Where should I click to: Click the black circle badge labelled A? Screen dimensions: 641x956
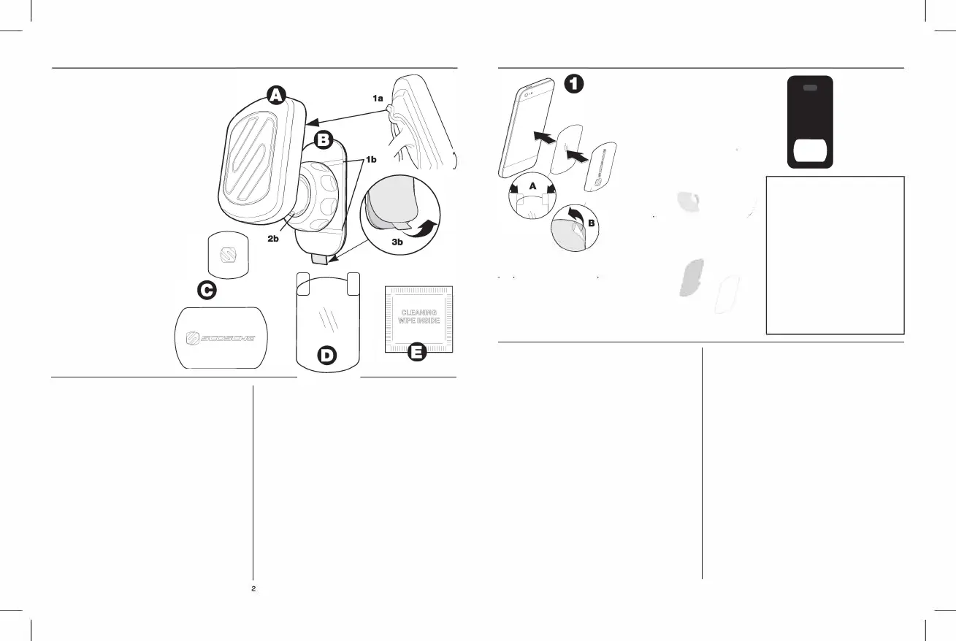click(x=275, y=95)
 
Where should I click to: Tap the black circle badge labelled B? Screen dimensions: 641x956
click(x=324, y=139)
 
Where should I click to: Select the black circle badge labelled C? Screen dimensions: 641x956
click(x=207, y=290)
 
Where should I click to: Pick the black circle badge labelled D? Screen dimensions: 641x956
click(x=329, y=356)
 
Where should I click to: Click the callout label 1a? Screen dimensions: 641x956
click(x=375, y=97)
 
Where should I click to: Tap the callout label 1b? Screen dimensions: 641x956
click(x=372, y=158)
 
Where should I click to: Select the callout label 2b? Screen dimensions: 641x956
click(x=275, y=239)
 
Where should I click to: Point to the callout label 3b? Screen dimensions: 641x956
click(x=399, y=241)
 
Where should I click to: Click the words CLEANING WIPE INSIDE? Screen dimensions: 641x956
click(x=418, y=317)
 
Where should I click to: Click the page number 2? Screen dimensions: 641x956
click(x=253, y=588)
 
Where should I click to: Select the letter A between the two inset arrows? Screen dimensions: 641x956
click(x=532, y=186)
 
